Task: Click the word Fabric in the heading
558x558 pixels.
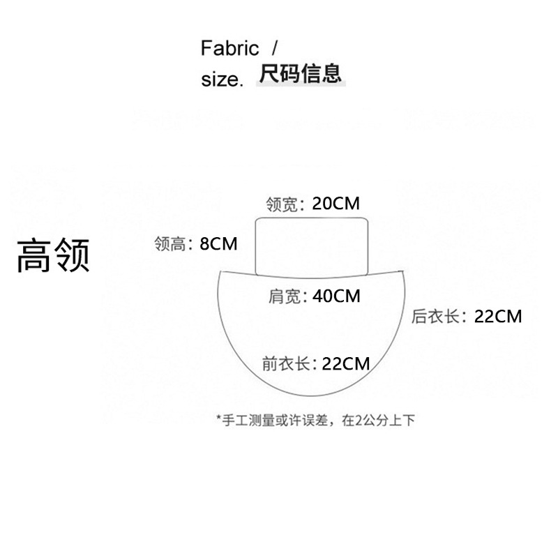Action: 229,49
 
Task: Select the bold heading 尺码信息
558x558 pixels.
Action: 301,73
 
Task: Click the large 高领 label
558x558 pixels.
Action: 53,255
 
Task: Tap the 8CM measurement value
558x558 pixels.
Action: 218,244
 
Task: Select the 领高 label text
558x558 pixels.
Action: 172,245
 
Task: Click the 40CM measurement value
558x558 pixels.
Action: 337,296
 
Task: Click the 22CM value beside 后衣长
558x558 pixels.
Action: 498,316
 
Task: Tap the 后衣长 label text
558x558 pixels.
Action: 437,317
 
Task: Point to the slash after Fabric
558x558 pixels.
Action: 274,49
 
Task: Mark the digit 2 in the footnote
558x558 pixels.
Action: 359,420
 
